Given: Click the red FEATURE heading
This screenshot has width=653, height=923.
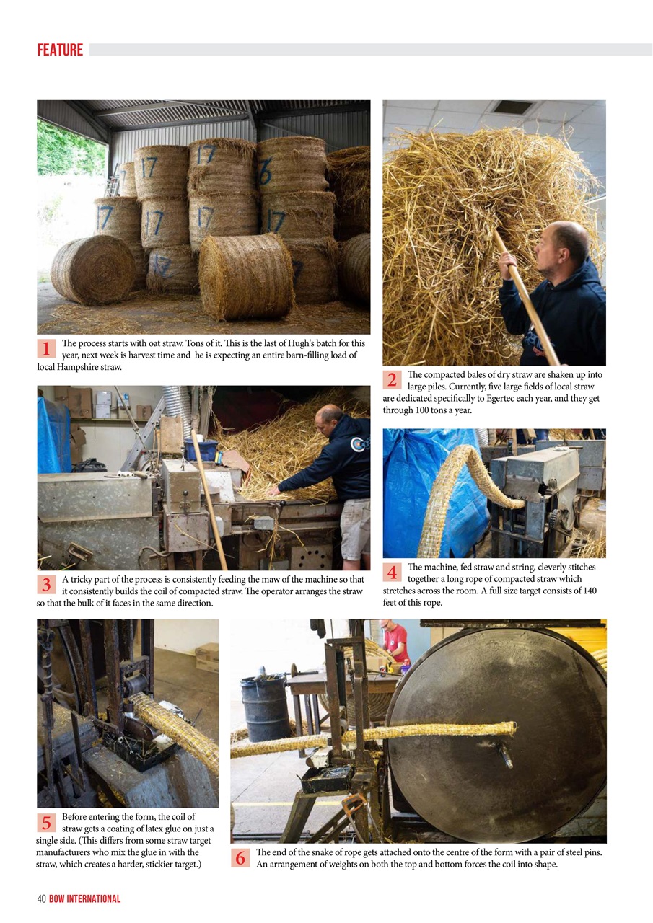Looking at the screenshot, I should click(x=60, y=50).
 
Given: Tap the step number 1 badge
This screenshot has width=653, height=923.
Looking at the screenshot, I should click(x=46, y=349).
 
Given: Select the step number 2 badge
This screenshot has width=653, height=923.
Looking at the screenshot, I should click(x=392, y=380).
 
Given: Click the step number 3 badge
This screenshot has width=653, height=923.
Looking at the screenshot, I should click(x=46, y=585).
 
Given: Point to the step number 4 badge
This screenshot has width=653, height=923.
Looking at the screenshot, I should click(x=392, y=573).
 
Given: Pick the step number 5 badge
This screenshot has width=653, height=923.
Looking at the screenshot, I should click(x=46, y=822).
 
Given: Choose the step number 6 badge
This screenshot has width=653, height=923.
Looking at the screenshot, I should click(x=241, y=857).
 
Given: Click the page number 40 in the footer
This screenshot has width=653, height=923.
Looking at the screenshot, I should click(x=41, y=898).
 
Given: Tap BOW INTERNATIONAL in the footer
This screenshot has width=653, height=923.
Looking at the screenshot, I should click(x=85, y=898).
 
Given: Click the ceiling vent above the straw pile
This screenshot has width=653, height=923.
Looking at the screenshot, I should click(x=514, y=107).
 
